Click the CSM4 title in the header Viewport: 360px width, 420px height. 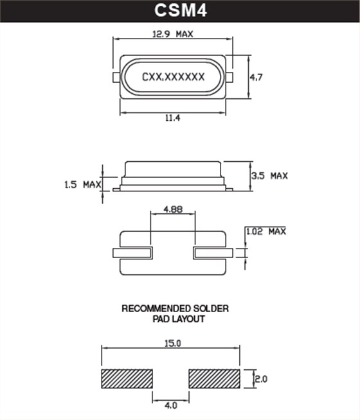tap(180, 11)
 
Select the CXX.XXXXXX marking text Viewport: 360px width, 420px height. tap(173, 77)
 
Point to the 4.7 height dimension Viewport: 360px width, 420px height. tap(256, 77)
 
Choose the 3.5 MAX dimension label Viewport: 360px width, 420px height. tap(269, 175)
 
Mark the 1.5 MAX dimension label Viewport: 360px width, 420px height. tap(83, 185)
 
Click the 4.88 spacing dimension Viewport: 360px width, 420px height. tap(173, 210)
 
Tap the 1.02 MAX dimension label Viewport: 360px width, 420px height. tap(265, 231)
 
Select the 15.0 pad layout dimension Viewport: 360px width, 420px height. tap(172, 344)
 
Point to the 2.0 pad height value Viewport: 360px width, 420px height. tap(261, 379)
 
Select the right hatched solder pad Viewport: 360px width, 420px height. tap(214, 379)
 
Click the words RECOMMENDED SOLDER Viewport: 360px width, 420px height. tap(175, 309)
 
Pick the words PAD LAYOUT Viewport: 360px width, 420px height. tap(175, 319)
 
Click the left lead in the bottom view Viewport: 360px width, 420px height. tap(132, 253)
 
